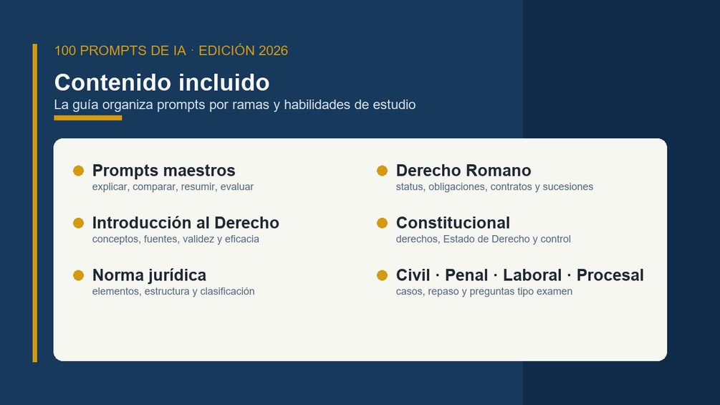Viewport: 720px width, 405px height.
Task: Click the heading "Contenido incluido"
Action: point(162,82)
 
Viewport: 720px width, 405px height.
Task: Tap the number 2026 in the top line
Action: point(273,50)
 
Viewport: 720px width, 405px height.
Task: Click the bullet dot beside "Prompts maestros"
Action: point(79,171)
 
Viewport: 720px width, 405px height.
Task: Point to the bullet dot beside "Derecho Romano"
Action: point(382,171)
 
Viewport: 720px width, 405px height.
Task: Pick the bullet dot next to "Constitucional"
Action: point(382,223)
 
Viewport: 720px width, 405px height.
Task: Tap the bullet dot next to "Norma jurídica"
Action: point(79,275)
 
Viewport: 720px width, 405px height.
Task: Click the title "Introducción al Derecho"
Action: point(186,223)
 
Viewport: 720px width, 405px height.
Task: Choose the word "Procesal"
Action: point(610,275)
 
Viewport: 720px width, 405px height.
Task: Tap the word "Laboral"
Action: point(532,275)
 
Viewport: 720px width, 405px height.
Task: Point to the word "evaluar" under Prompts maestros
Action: point(237,187)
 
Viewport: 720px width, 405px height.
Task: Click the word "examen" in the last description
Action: point(556,292)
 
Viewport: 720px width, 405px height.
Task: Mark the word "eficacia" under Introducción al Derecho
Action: point(242,239)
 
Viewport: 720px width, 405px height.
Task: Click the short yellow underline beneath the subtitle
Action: point(87,118)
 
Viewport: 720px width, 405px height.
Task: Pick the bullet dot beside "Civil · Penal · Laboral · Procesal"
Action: point(382,275)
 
